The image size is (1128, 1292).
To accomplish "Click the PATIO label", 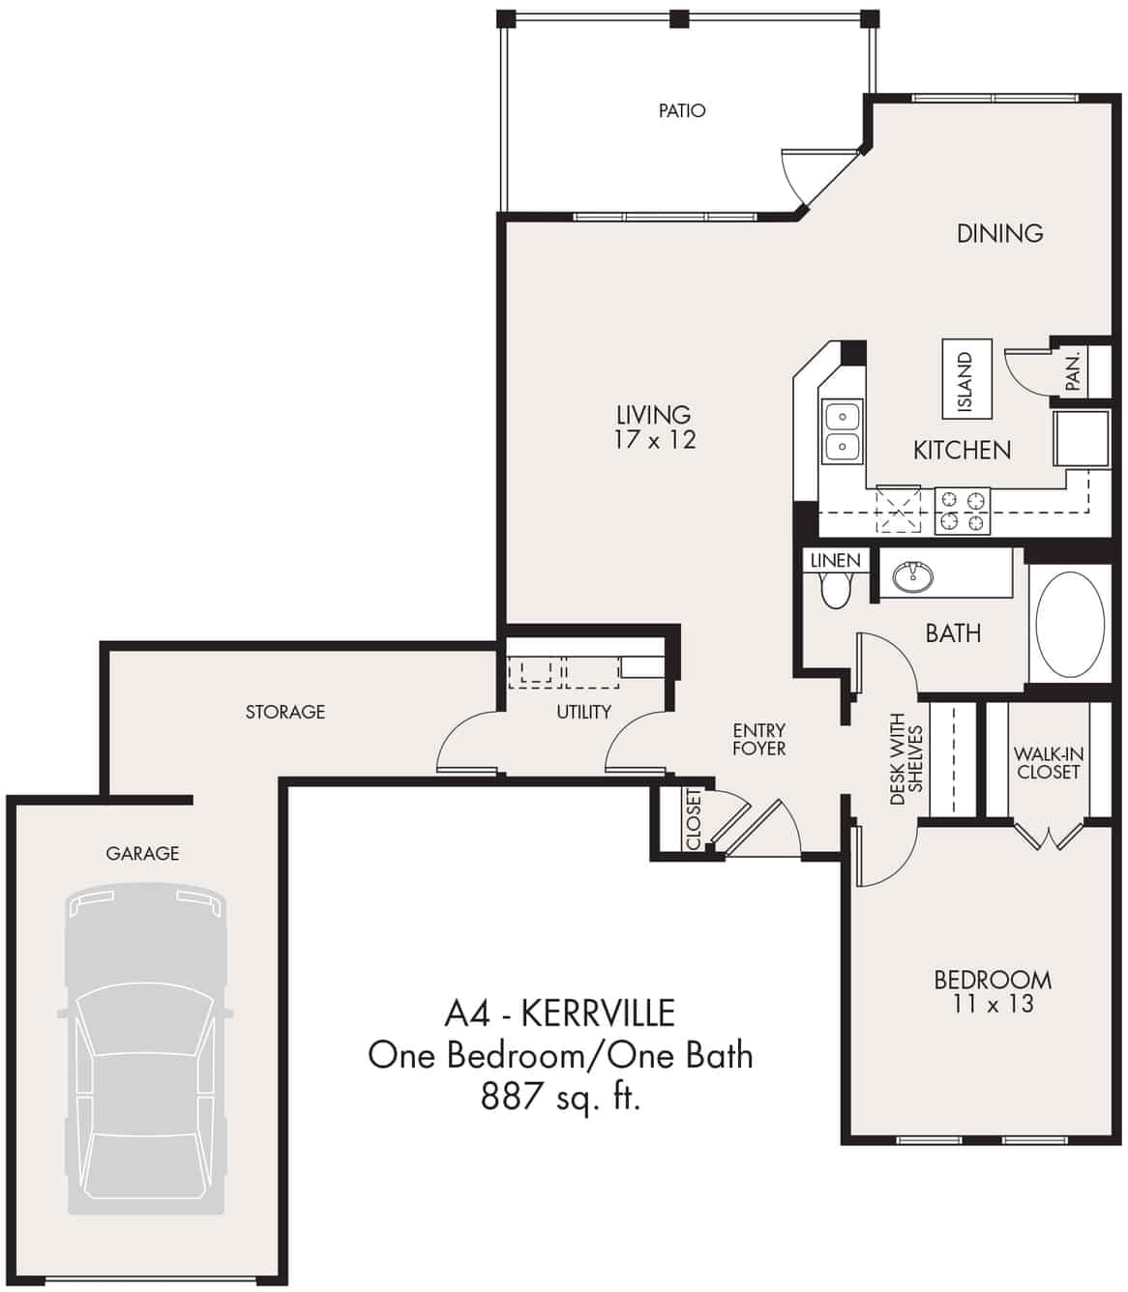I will (682, 111).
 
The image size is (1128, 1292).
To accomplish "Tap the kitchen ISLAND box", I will (966, 378).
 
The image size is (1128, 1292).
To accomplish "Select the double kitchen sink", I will (842, 431).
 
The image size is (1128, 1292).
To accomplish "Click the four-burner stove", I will (964, 512).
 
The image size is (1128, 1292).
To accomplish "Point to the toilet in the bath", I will (834, 588).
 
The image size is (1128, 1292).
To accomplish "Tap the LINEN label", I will (835, 561).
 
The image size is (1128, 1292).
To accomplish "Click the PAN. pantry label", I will (1073, 370).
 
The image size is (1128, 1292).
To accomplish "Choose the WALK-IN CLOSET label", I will (1048, 763).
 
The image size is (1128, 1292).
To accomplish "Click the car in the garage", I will (145, 1049).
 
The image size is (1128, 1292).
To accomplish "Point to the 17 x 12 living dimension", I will (654, 441).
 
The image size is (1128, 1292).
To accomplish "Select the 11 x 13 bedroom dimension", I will (993, 1005).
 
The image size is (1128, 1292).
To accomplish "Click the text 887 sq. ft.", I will (560, 1098).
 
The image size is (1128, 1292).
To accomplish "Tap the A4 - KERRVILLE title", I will (559, 1013).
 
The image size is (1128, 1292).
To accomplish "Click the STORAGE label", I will (284, 712).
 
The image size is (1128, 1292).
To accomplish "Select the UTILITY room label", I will (583, 712).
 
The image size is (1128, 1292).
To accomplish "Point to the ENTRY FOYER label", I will (758, 740).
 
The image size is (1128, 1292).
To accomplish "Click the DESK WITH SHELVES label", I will (906, 759).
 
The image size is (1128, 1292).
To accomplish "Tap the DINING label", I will (999, 233).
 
